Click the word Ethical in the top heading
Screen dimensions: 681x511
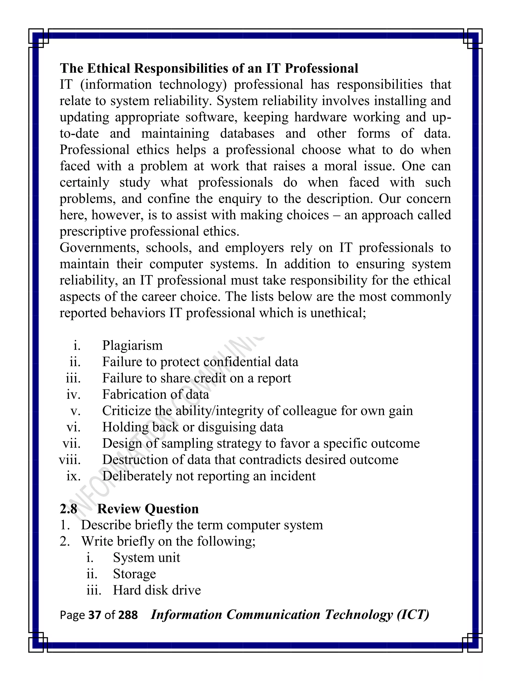click(109, 68)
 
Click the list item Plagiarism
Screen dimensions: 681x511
click(132, 345)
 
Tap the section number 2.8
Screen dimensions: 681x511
click(68, 509)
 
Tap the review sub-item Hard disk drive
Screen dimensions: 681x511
click(157, 590)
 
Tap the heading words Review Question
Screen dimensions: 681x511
click(148, 509)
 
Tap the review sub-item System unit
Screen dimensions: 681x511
click(146, 558)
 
